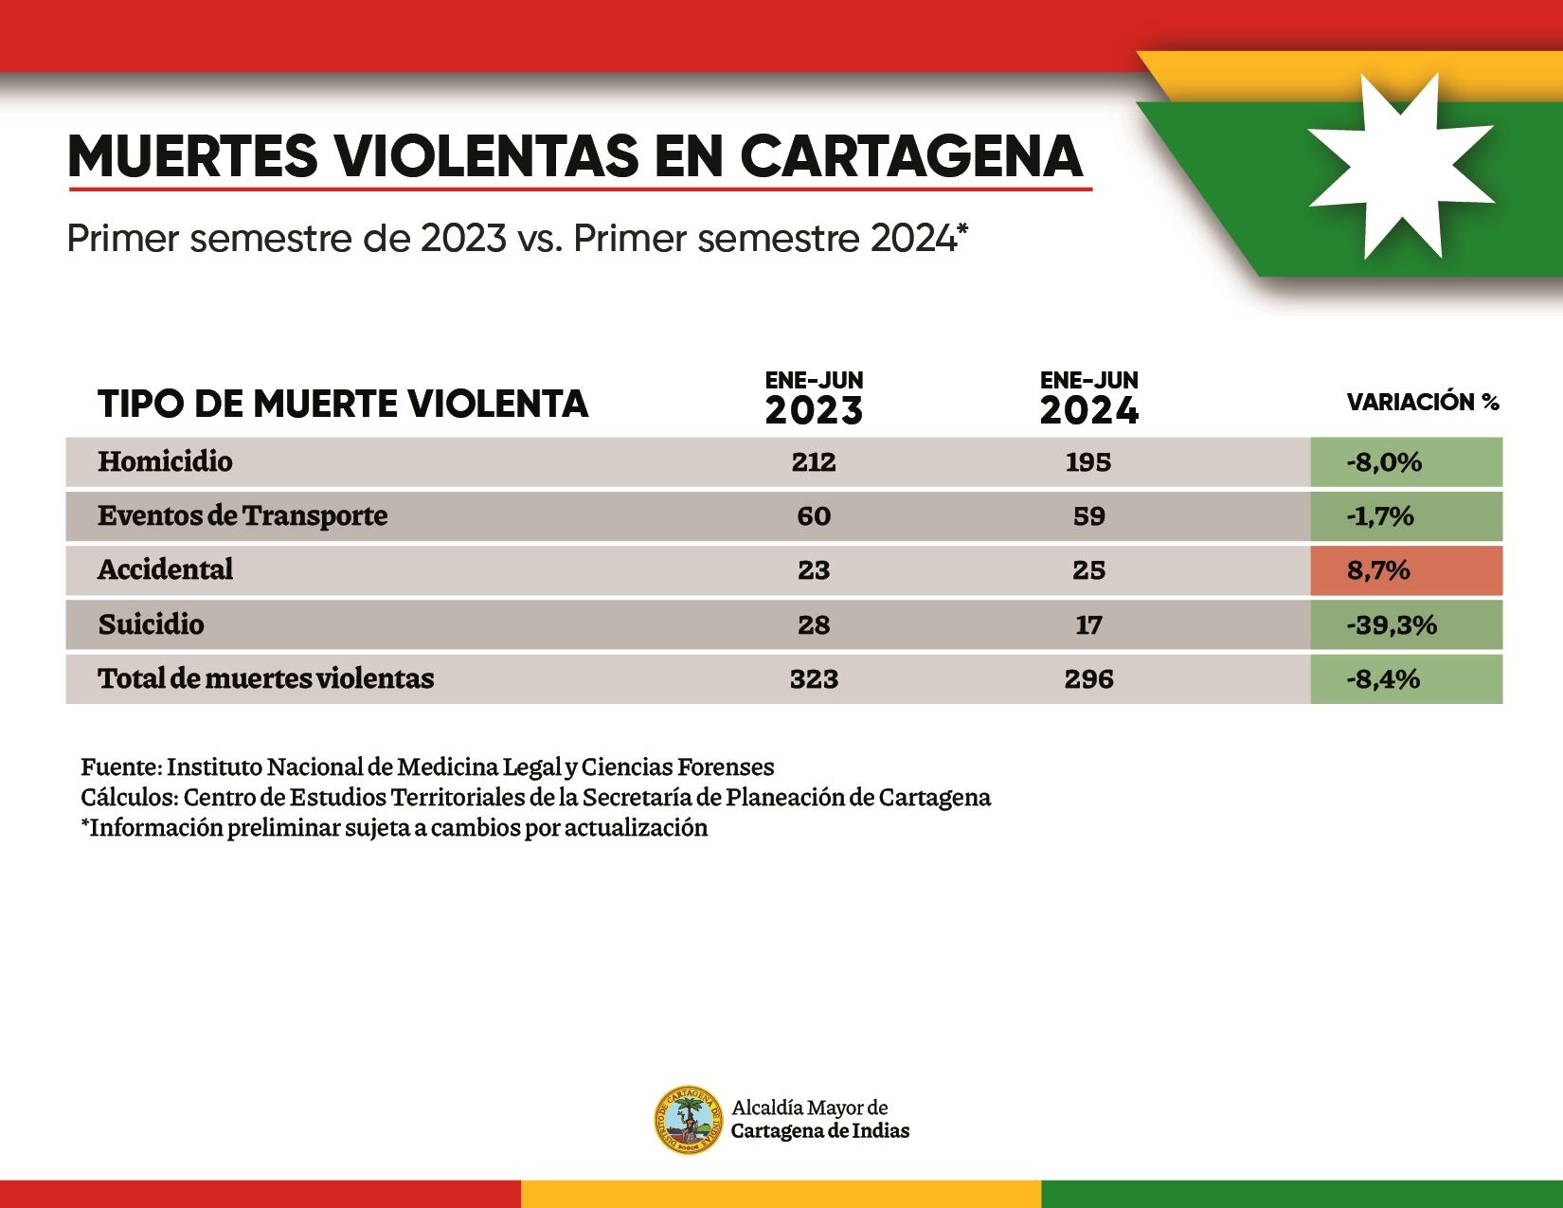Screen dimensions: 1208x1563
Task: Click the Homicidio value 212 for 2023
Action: click(x=814, y=462)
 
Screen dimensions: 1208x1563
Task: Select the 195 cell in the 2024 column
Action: click(x=1088, y=462)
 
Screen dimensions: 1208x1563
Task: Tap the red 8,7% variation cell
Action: click(x=1406, y=570)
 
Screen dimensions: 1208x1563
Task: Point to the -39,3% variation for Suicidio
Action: click(x=1406, y=625)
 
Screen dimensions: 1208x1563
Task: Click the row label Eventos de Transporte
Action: click(x=243, y=516)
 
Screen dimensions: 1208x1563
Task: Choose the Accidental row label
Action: click(x=165, y=570)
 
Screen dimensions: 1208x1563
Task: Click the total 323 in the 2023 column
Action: click(x=814, y=679)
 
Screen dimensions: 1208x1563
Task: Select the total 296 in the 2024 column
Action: click(x=1088, y=679)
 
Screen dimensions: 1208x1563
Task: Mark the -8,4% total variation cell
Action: click(x=1406, y=679)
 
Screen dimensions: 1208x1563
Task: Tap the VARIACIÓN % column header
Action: click(x=1423, y=403)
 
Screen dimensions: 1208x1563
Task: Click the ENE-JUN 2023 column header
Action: click(x=814, y=399)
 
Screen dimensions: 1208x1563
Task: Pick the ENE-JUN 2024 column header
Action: click(x=1088, y=399)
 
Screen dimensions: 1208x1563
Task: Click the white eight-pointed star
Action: click(x=1401, y=167)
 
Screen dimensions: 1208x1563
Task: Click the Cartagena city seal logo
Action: click(x=689, y=1120)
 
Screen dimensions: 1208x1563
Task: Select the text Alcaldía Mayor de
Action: click(x=809, y=1108)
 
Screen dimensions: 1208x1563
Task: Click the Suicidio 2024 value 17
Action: click(x=1088, y=625)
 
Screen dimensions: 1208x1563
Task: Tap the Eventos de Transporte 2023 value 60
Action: click(x=814, y=516)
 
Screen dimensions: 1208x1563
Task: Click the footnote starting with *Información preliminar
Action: click(x=394, y=828)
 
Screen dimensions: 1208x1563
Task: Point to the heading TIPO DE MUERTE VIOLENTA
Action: click(x=343, y=405)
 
